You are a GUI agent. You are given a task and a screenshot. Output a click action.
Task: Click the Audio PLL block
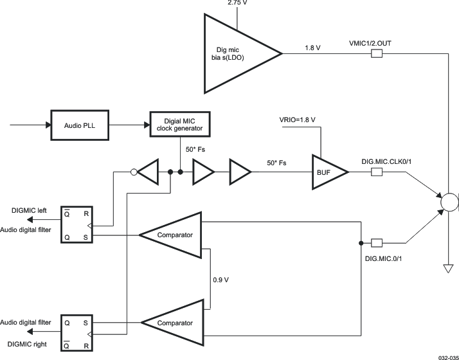point(79,125)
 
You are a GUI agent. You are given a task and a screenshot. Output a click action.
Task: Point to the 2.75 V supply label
point(237,4)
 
